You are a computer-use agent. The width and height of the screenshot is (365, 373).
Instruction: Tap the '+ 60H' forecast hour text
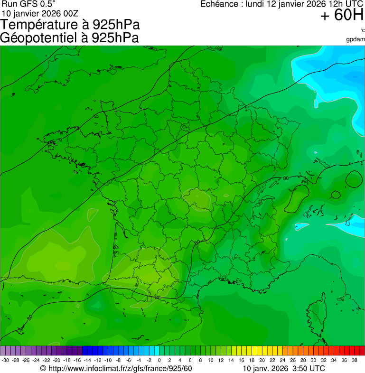coord(342,16)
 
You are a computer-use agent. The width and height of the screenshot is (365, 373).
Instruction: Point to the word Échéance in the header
coord(219,4)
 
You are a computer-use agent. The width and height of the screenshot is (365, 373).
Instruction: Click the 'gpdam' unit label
coord(356,39)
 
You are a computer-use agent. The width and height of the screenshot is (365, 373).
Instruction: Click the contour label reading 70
coord(59,140)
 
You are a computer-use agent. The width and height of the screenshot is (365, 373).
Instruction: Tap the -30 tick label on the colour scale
coord(5,361)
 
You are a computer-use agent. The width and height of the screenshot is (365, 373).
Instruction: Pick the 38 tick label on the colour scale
coord(354,361)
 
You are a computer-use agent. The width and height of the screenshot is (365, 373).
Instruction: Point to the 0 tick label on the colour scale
coord(159,361)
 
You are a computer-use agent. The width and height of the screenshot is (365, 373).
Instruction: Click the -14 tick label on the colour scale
coord(87,361)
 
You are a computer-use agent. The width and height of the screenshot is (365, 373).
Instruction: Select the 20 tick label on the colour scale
coord(262,361)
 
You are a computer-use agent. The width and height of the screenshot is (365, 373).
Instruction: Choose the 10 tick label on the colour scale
coord(210,361)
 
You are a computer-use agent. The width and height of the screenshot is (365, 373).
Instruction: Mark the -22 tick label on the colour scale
coord(47,361)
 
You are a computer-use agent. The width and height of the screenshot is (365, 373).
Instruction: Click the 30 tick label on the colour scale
coord(313,361)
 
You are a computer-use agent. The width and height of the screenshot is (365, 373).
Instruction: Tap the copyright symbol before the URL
coord(43,369)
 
